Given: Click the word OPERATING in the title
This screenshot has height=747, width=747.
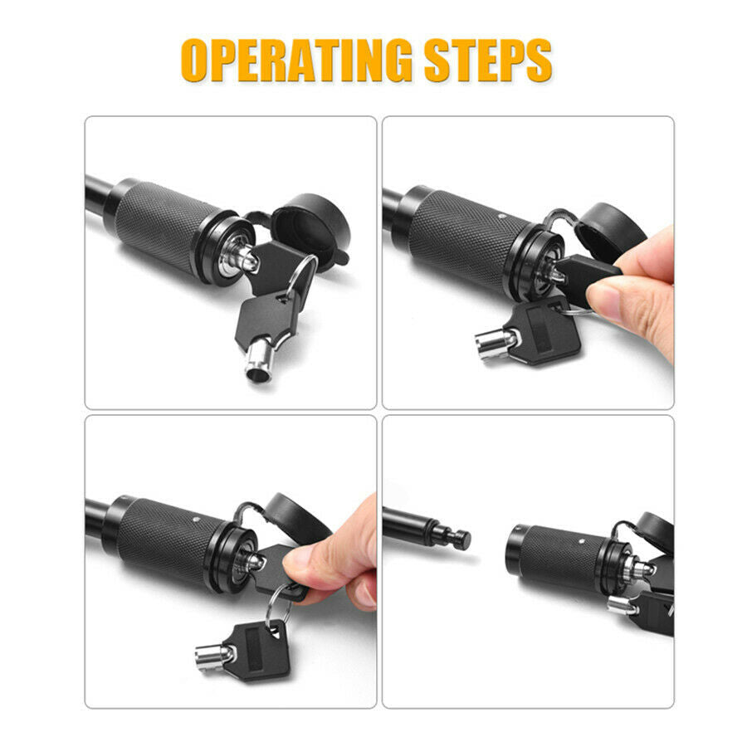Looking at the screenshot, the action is (296, 61).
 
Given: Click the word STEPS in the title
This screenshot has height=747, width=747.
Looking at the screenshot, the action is (488, 61).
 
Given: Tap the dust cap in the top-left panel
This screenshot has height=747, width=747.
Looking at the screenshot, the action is (310, 229).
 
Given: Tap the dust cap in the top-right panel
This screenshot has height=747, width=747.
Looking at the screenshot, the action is (611, 230).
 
